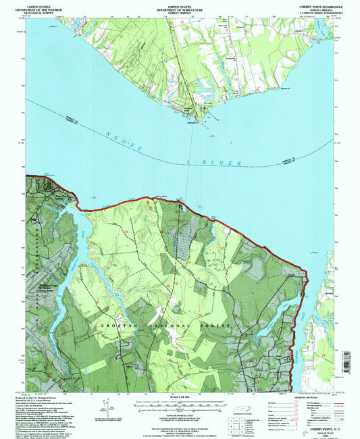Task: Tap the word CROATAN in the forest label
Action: point(114,326)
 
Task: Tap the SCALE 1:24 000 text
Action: point(179,397)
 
